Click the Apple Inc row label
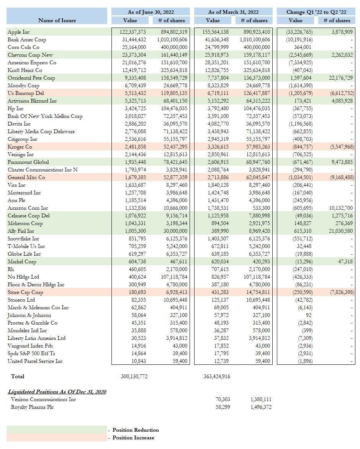18,32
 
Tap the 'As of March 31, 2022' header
233,12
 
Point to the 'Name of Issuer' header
57,20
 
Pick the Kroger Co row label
20,147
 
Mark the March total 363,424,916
217,377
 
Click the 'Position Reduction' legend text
136,430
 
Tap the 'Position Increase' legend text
133,438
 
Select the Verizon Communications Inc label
43,400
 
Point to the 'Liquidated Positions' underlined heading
57,392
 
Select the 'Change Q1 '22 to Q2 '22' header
316,12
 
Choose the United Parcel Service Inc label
35,361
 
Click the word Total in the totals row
18,377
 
